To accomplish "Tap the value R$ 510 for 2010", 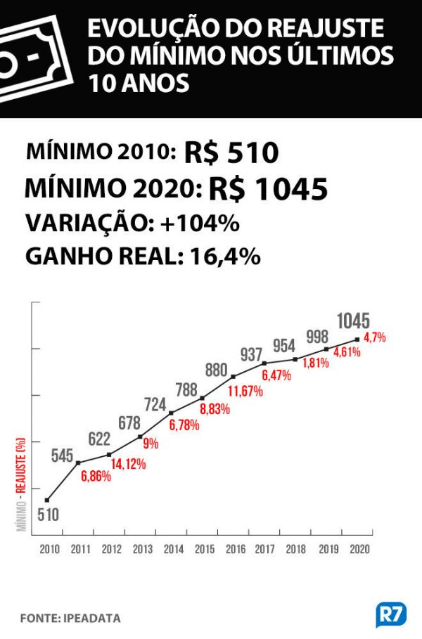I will point(231,153).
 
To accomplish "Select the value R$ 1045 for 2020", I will point(269,189).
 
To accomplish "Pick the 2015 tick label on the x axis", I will point(205,549).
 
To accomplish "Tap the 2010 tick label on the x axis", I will point(49,549).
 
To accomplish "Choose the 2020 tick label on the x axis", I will point(359,549).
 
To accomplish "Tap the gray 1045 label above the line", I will point(353,321).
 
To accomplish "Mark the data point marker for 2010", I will point(47,500).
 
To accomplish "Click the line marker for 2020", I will point(358,340).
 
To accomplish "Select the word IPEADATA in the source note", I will point(90,619).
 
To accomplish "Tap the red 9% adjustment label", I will point(151,444).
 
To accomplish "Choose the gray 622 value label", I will point(99,439).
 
